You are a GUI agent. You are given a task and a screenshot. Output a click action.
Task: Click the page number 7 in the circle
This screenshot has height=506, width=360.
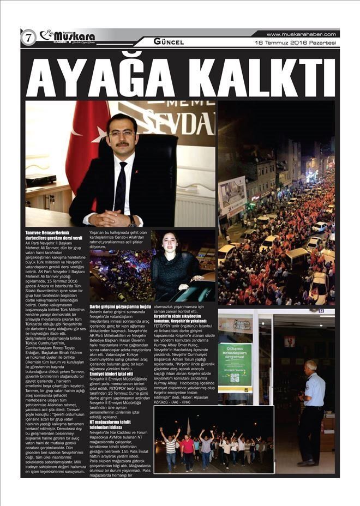[x=27, y=37]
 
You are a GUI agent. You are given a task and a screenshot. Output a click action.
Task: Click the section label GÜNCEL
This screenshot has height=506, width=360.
[x=169, y=41]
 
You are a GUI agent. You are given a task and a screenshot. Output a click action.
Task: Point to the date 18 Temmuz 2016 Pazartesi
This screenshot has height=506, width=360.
[x=295, y=42]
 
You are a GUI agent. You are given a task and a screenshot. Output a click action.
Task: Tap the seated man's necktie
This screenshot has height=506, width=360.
[x=121, y=188]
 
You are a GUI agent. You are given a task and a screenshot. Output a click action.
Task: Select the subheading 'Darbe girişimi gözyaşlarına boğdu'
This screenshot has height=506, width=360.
[x=120, y=307]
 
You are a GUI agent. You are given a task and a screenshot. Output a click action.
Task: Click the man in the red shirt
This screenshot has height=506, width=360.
[x=188, y=447]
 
